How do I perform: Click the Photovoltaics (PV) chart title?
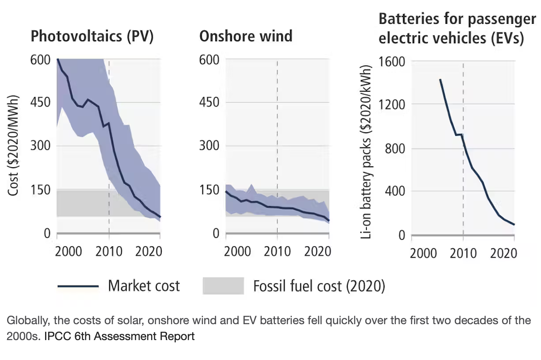[91, 36]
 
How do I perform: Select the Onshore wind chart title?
[246, 36]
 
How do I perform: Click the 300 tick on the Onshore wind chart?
[209, 146]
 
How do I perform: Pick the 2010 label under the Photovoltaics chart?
[109, 251]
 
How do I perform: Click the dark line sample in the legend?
[78, 286]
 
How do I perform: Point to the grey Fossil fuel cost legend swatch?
[223, 286]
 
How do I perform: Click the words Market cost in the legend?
[144, 286]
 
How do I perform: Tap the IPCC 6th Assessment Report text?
[119, 336]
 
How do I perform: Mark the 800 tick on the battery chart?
[395, 148]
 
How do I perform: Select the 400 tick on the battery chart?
[395, 191]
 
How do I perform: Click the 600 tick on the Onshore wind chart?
[209, 59]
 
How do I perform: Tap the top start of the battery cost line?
[440, 80]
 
